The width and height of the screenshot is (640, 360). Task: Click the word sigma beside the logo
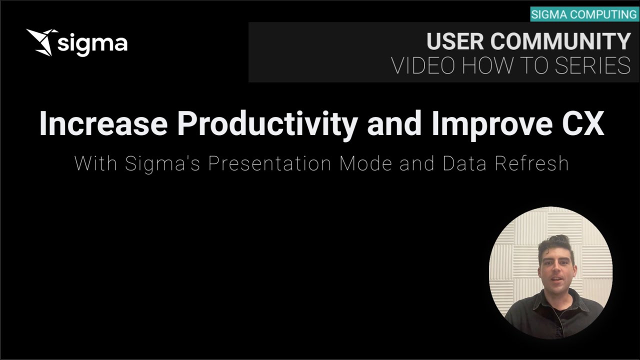pos(92,43)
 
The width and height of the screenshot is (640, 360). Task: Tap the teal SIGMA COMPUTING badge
pos(583,14)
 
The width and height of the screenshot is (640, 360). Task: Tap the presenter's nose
pos(555,270)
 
